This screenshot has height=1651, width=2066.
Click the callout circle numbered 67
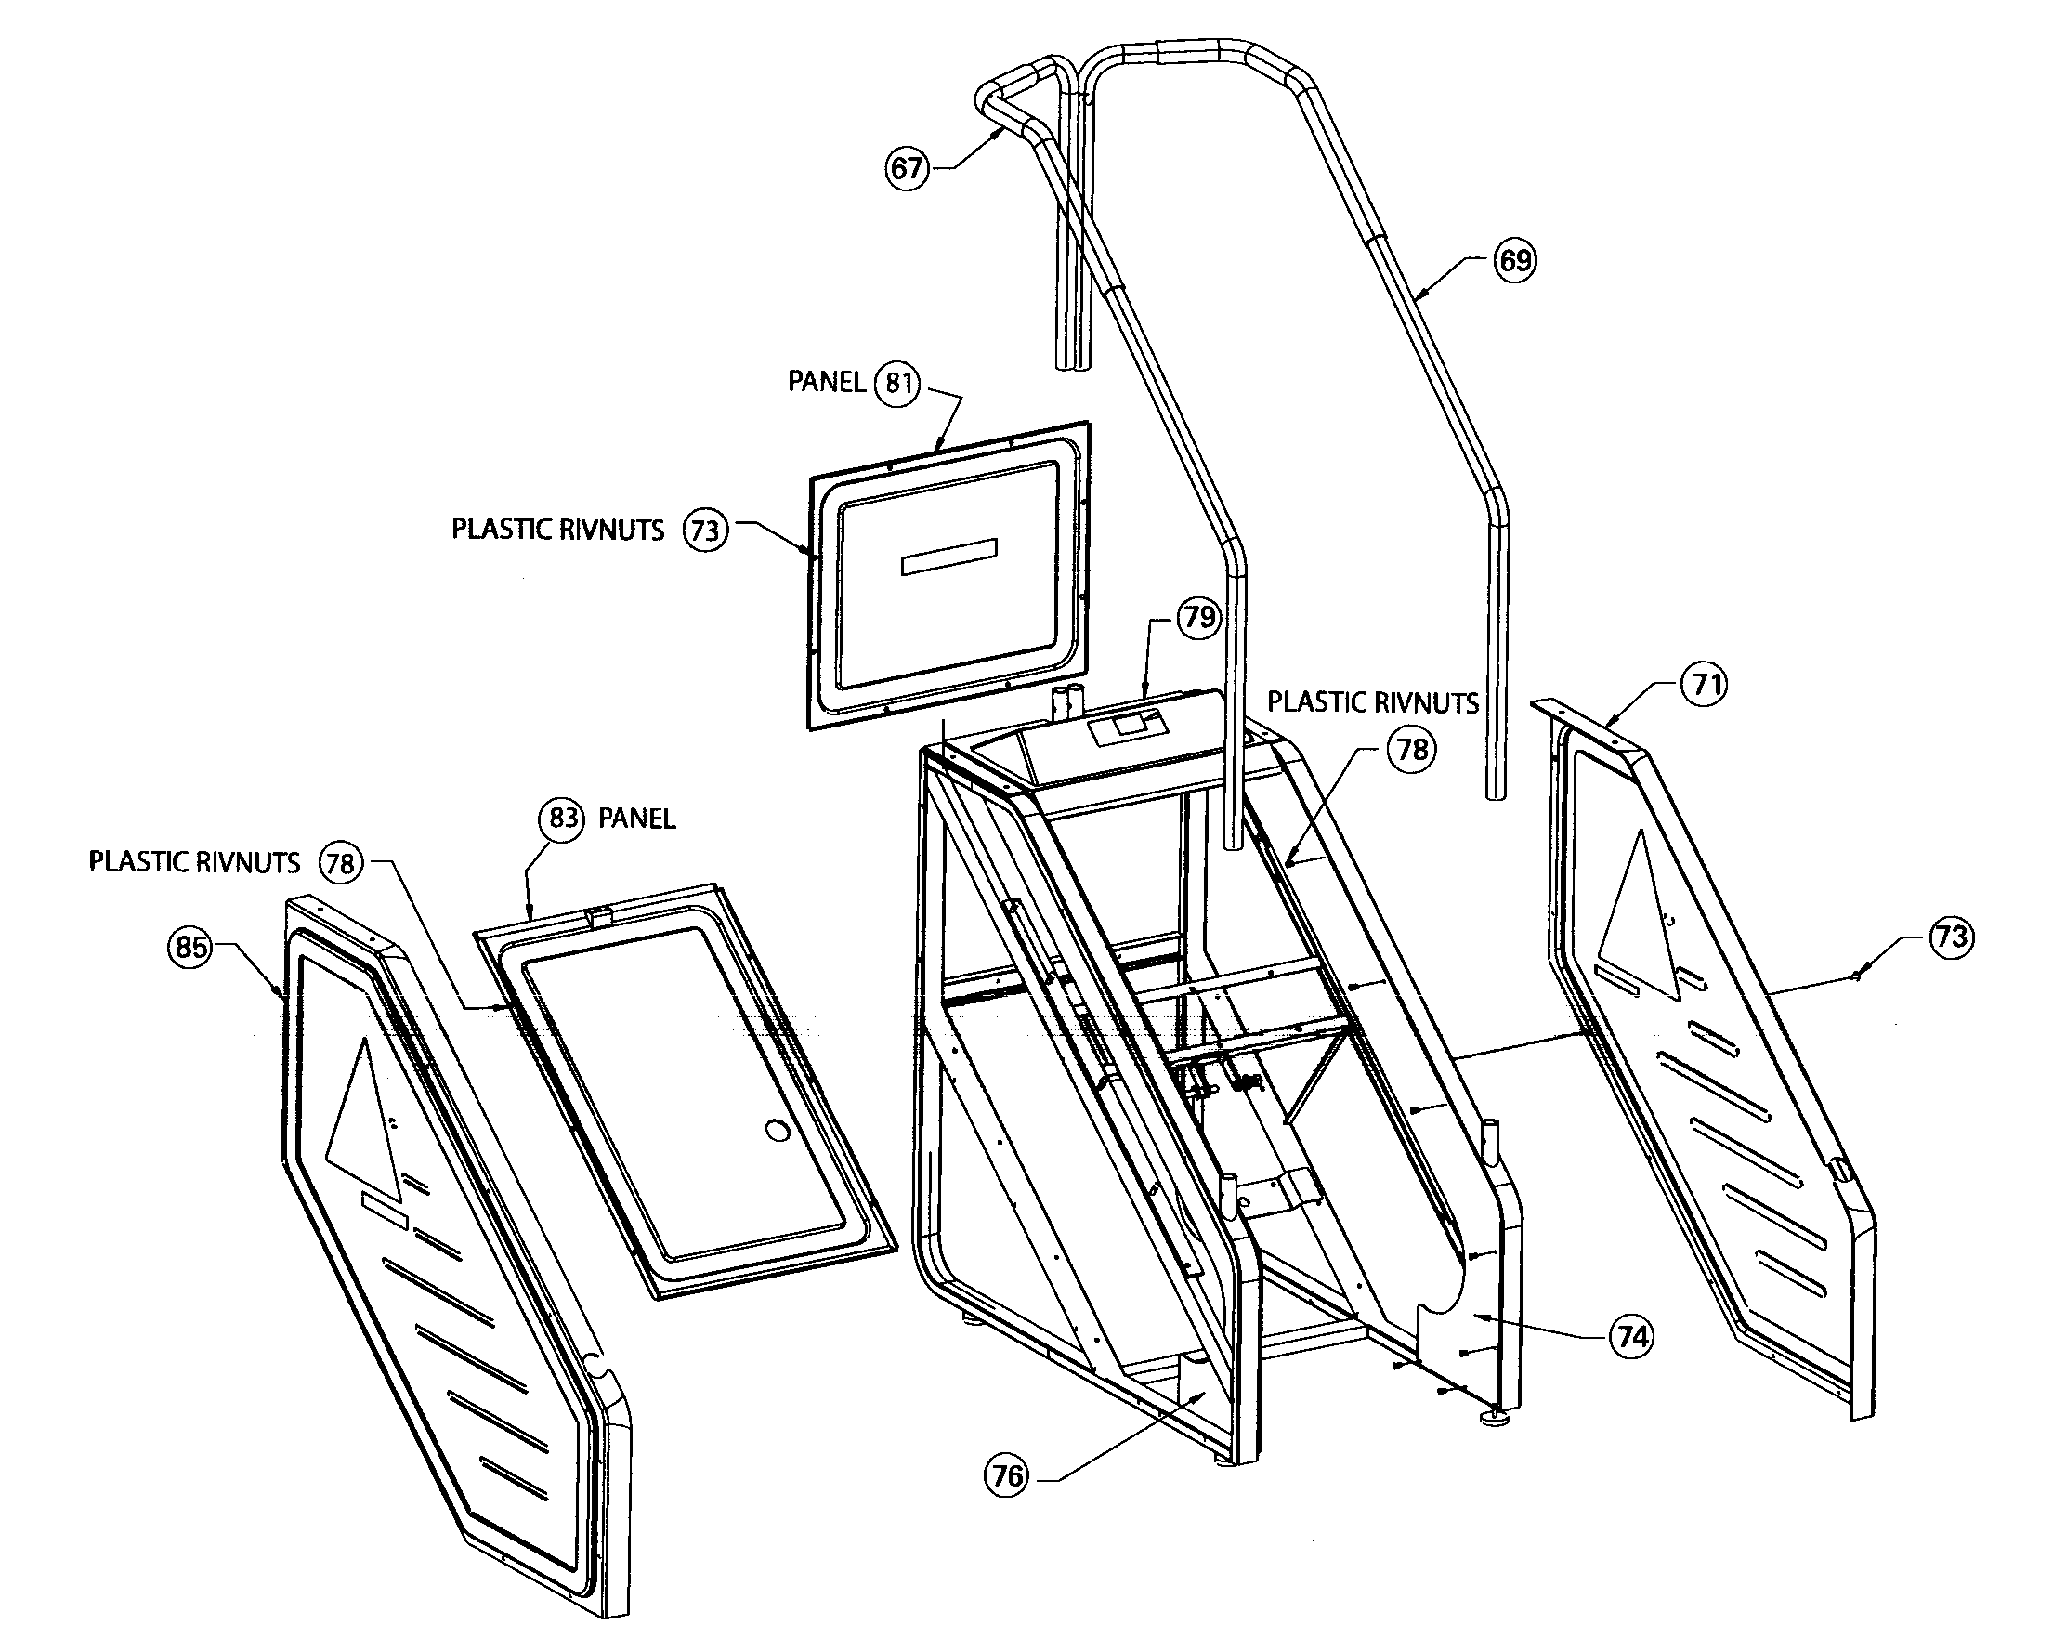pos(906,169)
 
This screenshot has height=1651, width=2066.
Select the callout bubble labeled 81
pos(897,384)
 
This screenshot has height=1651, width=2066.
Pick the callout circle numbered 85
pos(190,947)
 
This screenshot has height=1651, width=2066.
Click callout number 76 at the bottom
pos(1007,1475)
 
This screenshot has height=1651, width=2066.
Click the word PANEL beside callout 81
pos(826,383)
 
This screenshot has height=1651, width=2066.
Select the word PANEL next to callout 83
pos(636,819)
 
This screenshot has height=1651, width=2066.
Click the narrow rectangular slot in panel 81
pos(948,557)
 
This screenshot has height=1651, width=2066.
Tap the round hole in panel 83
pos(778,1131)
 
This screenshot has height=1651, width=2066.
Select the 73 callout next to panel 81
pos(705,530)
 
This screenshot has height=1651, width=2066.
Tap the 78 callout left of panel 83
pos(340,862)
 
